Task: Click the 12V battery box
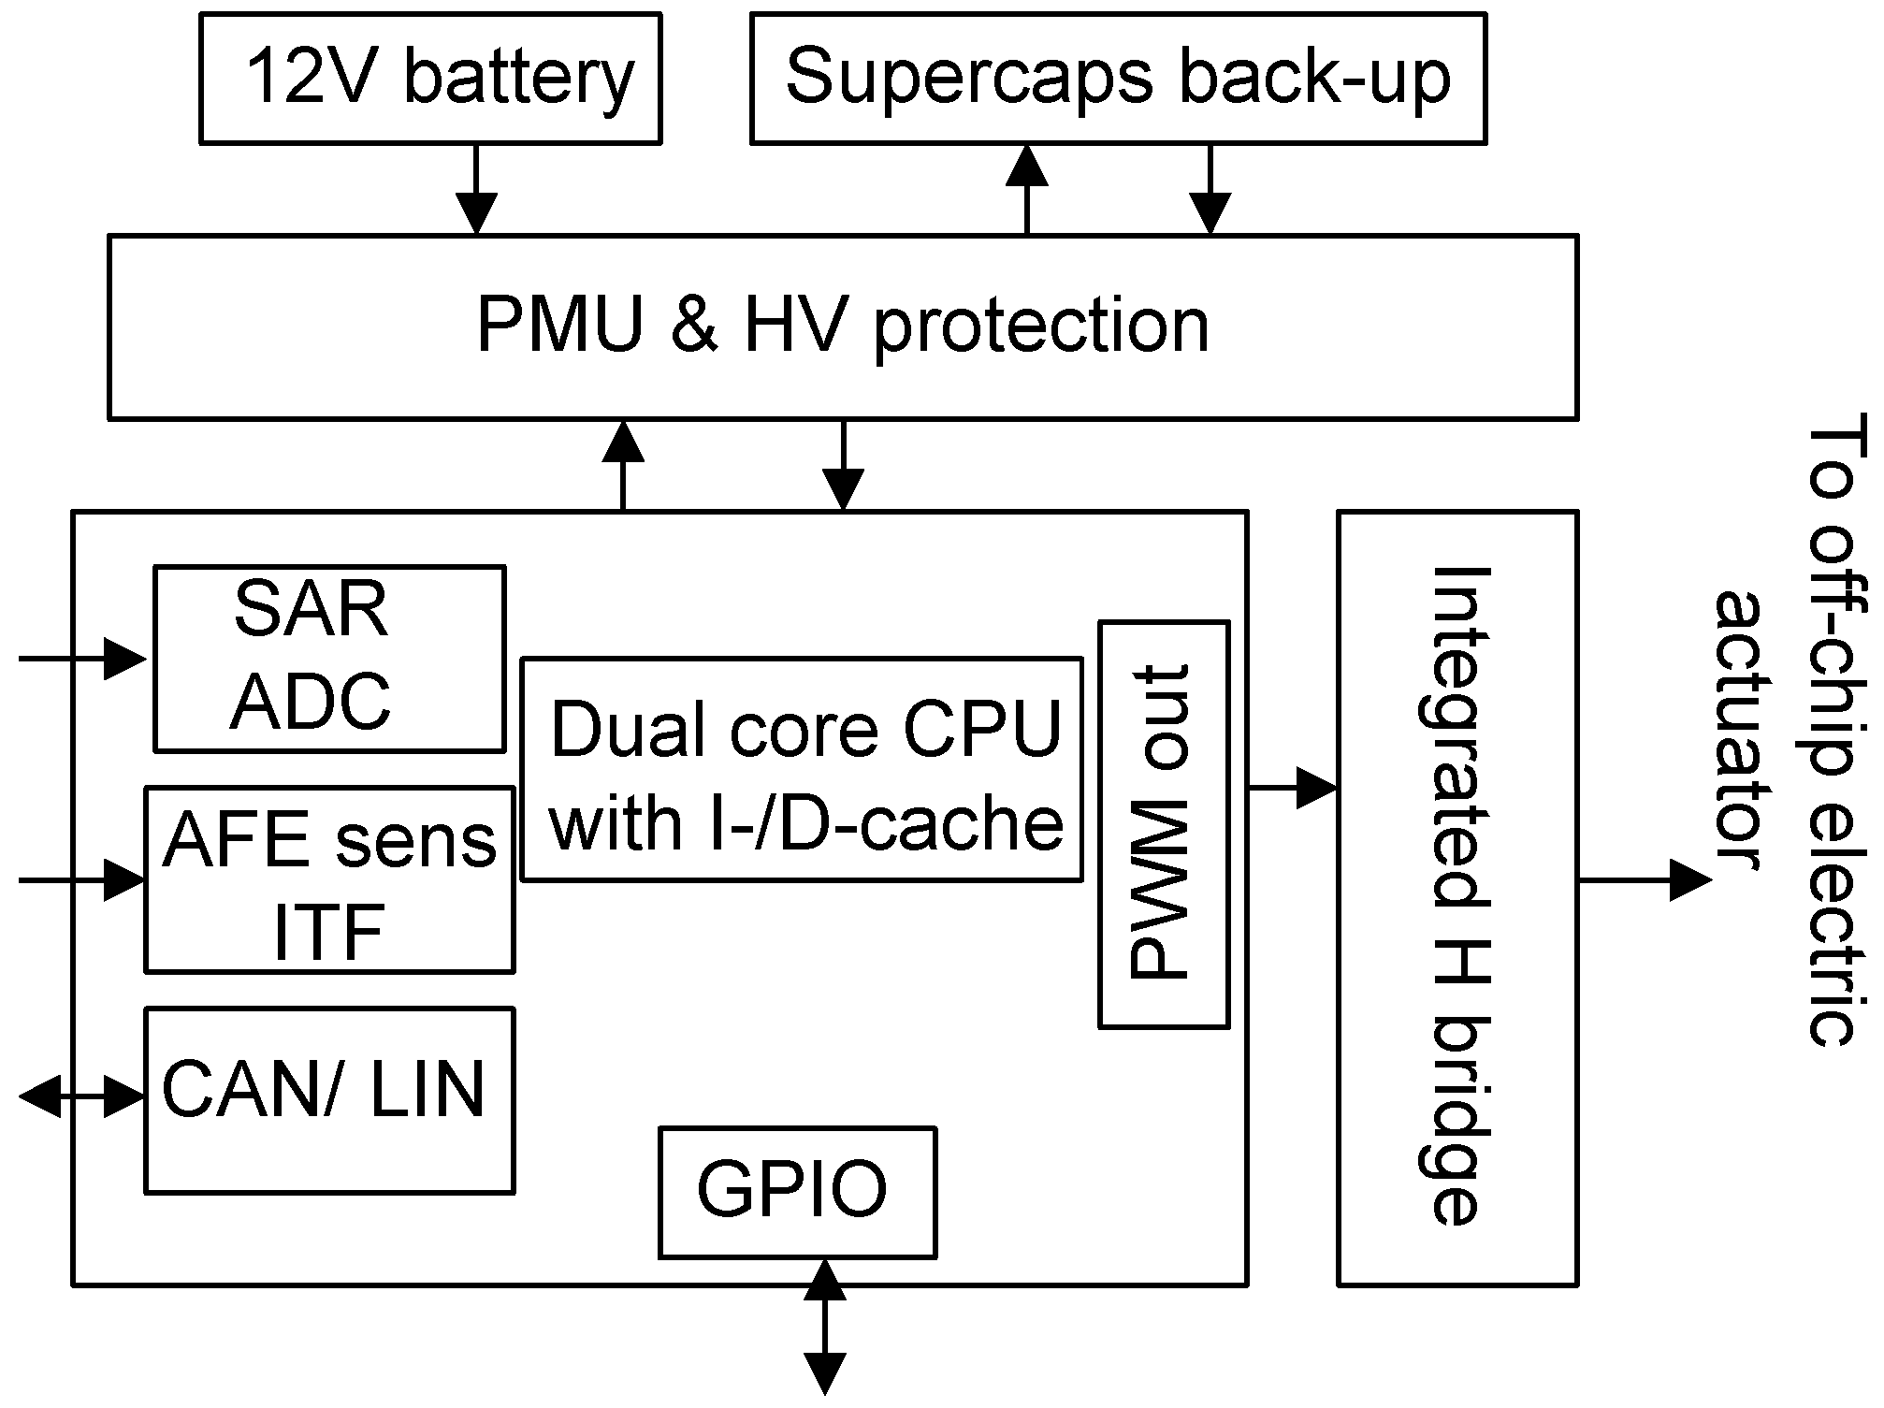tap(430, 78)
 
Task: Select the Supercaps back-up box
tap(1118, 78)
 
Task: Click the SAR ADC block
tap(329, 658)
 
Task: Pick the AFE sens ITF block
tap(329, 879)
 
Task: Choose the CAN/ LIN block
tap(329, 1099)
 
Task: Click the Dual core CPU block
tap(802, 769)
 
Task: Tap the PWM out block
tap(1163, 824)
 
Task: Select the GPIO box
tap(797, 1192)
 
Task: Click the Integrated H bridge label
tap(1459, 898)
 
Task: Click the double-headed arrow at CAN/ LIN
tap(82, 1096)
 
